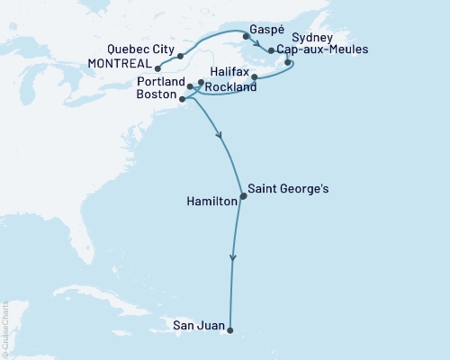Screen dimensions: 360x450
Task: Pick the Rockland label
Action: coord(230,87)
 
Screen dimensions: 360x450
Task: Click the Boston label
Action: coord(157,95)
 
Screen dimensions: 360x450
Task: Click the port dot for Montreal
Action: coord(157,67)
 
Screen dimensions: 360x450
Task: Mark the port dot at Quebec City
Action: coord(181,55)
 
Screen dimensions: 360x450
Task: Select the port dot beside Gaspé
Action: coord(246,37)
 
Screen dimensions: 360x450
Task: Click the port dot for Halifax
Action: coord(255,76)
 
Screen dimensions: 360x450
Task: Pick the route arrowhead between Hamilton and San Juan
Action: coord(233,258)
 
